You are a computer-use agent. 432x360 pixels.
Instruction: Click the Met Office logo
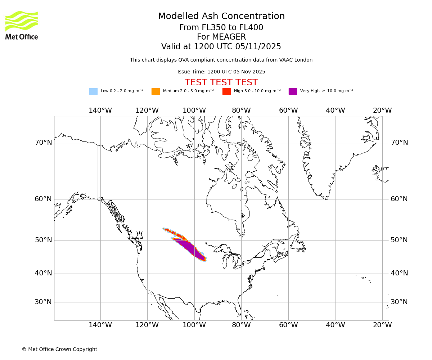pos(22,25)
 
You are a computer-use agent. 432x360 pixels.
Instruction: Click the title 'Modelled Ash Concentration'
pos(221,17)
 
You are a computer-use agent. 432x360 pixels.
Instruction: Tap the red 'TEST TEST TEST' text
pos(221,83)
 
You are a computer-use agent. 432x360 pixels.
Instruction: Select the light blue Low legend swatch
pos(93,91)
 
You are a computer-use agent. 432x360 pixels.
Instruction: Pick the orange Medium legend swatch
pos(156,91)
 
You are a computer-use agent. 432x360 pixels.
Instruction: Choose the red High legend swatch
pos(226,91)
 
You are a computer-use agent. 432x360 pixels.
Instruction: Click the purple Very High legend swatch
pos(293,91)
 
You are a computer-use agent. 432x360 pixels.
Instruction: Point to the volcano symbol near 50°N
pos(139,235)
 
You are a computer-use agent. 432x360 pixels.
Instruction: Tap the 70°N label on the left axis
pos(43,143)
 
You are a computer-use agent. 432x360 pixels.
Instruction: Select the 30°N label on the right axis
pos(399,302)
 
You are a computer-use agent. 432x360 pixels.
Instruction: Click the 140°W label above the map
pos(100,111)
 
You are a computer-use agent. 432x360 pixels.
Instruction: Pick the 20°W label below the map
pos(382,325)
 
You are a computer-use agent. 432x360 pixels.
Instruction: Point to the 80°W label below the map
pos(241,325)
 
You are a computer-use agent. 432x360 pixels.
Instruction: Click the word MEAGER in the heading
pos(221,37)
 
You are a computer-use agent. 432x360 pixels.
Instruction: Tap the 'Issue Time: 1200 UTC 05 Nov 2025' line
pos(221,72)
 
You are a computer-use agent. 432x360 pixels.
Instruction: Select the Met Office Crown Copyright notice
pos(59,350)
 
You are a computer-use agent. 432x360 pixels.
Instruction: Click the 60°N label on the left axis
pos(43,199)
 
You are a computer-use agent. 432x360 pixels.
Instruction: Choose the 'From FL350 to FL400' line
pos(221,28)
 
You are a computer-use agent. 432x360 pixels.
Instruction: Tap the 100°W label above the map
pos(194,111)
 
